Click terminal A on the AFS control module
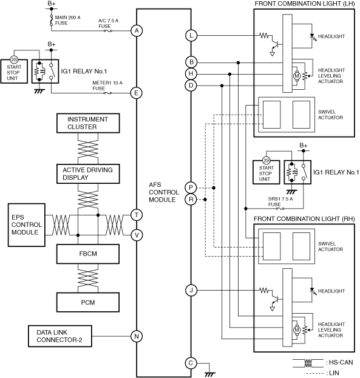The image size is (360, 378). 137,31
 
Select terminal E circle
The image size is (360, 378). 137,93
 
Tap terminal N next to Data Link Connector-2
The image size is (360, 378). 137,336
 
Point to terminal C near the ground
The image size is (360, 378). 191,363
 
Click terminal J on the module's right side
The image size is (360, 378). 191,290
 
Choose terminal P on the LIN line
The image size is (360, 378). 191,187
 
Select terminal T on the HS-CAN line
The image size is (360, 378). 137,215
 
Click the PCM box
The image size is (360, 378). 88,302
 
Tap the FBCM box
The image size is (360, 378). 88,254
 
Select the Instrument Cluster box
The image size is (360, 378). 88,123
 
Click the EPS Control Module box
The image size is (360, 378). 27,225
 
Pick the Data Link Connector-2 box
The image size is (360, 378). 60,336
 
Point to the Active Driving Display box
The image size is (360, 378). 88,174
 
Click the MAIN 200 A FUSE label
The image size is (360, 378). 67,20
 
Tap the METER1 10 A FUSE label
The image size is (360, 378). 107,86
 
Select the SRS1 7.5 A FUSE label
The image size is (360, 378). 280,201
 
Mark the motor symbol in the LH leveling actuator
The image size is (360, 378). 297,76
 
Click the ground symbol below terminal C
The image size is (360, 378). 209,374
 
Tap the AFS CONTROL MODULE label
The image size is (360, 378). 164,192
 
